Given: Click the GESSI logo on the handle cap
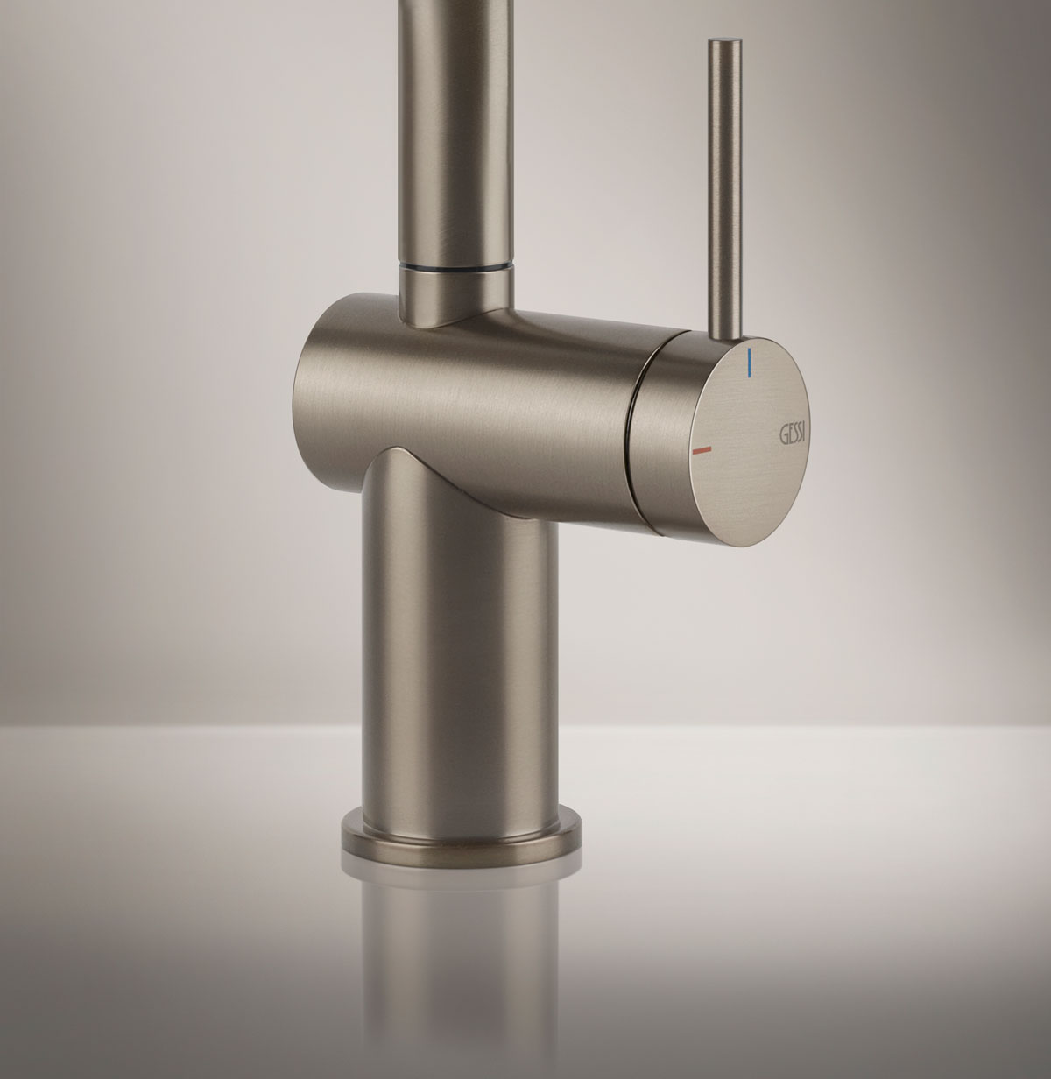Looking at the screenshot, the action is (794, 434).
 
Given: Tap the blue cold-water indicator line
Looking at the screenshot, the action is (750, 363).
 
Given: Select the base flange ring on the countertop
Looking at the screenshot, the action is (462, 841).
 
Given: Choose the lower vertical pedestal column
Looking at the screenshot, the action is (461, 654).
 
